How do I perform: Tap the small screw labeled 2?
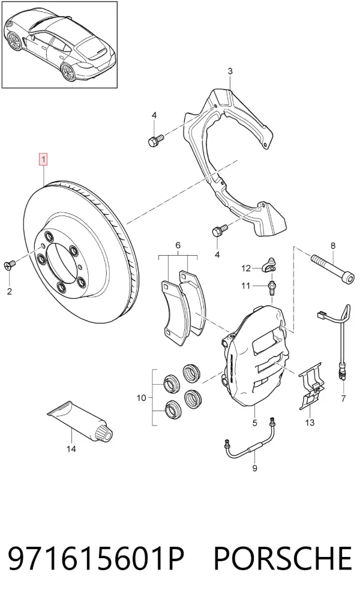10,265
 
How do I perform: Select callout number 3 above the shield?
230,71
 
